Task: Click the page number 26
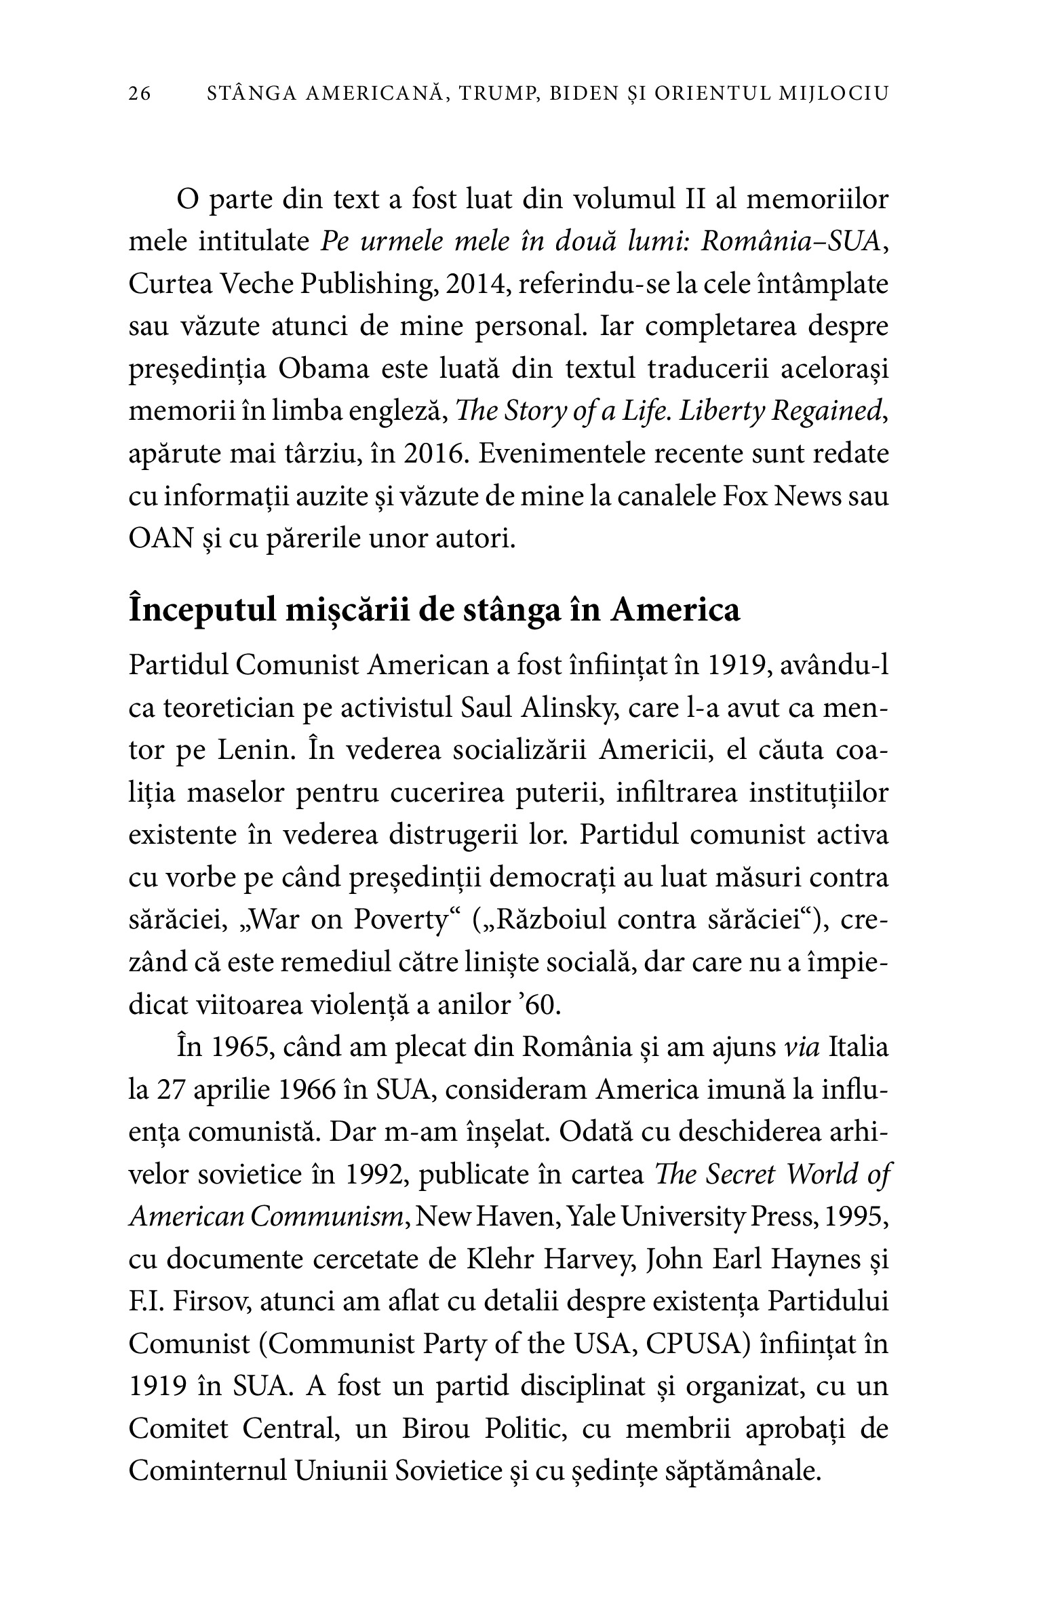[140, 94]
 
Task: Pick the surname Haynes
[810, 1259]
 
